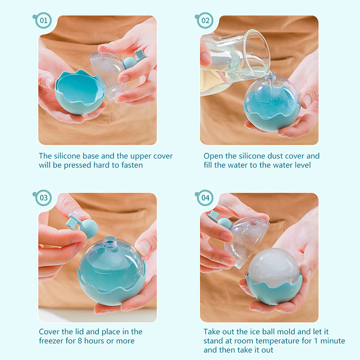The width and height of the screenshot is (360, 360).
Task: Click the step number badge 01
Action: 43,21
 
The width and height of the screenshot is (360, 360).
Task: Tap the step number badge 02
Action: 205,21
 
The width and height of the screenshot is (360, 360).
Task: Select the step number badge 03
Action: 43,198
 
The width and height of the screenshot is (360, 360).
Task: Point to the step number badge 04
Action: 205,198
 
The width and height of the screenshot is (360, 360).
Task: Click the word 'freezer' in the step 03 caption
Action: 51,341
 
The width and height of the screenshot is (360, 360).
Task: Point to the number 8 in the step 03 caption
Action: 80,341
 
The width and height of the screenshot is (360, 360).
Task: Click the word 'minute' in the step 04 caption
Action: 333,341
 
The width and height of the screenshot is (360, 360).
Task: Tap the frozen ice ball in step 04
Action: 274,267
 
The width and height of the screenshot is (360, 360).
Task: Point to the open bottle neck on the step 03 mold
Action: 108,242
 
